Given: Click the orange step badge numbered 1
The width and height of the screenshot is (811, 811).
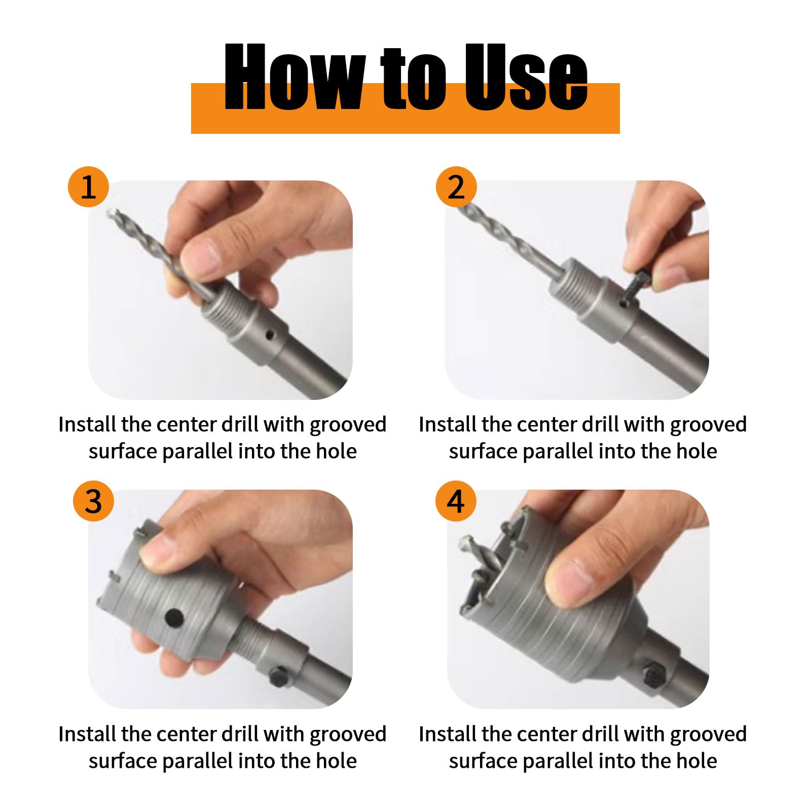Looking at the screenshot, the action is click(88, 187).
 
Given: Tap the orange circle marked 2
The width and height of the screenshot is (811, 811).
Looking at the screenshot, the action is click(456, 187).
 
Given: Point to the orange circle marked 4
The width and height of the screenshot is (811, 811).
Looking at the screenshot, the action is click(456, 501).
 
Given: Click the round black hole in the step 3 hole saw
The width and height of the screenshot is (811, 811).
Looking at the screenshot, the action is click(174, 617).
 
